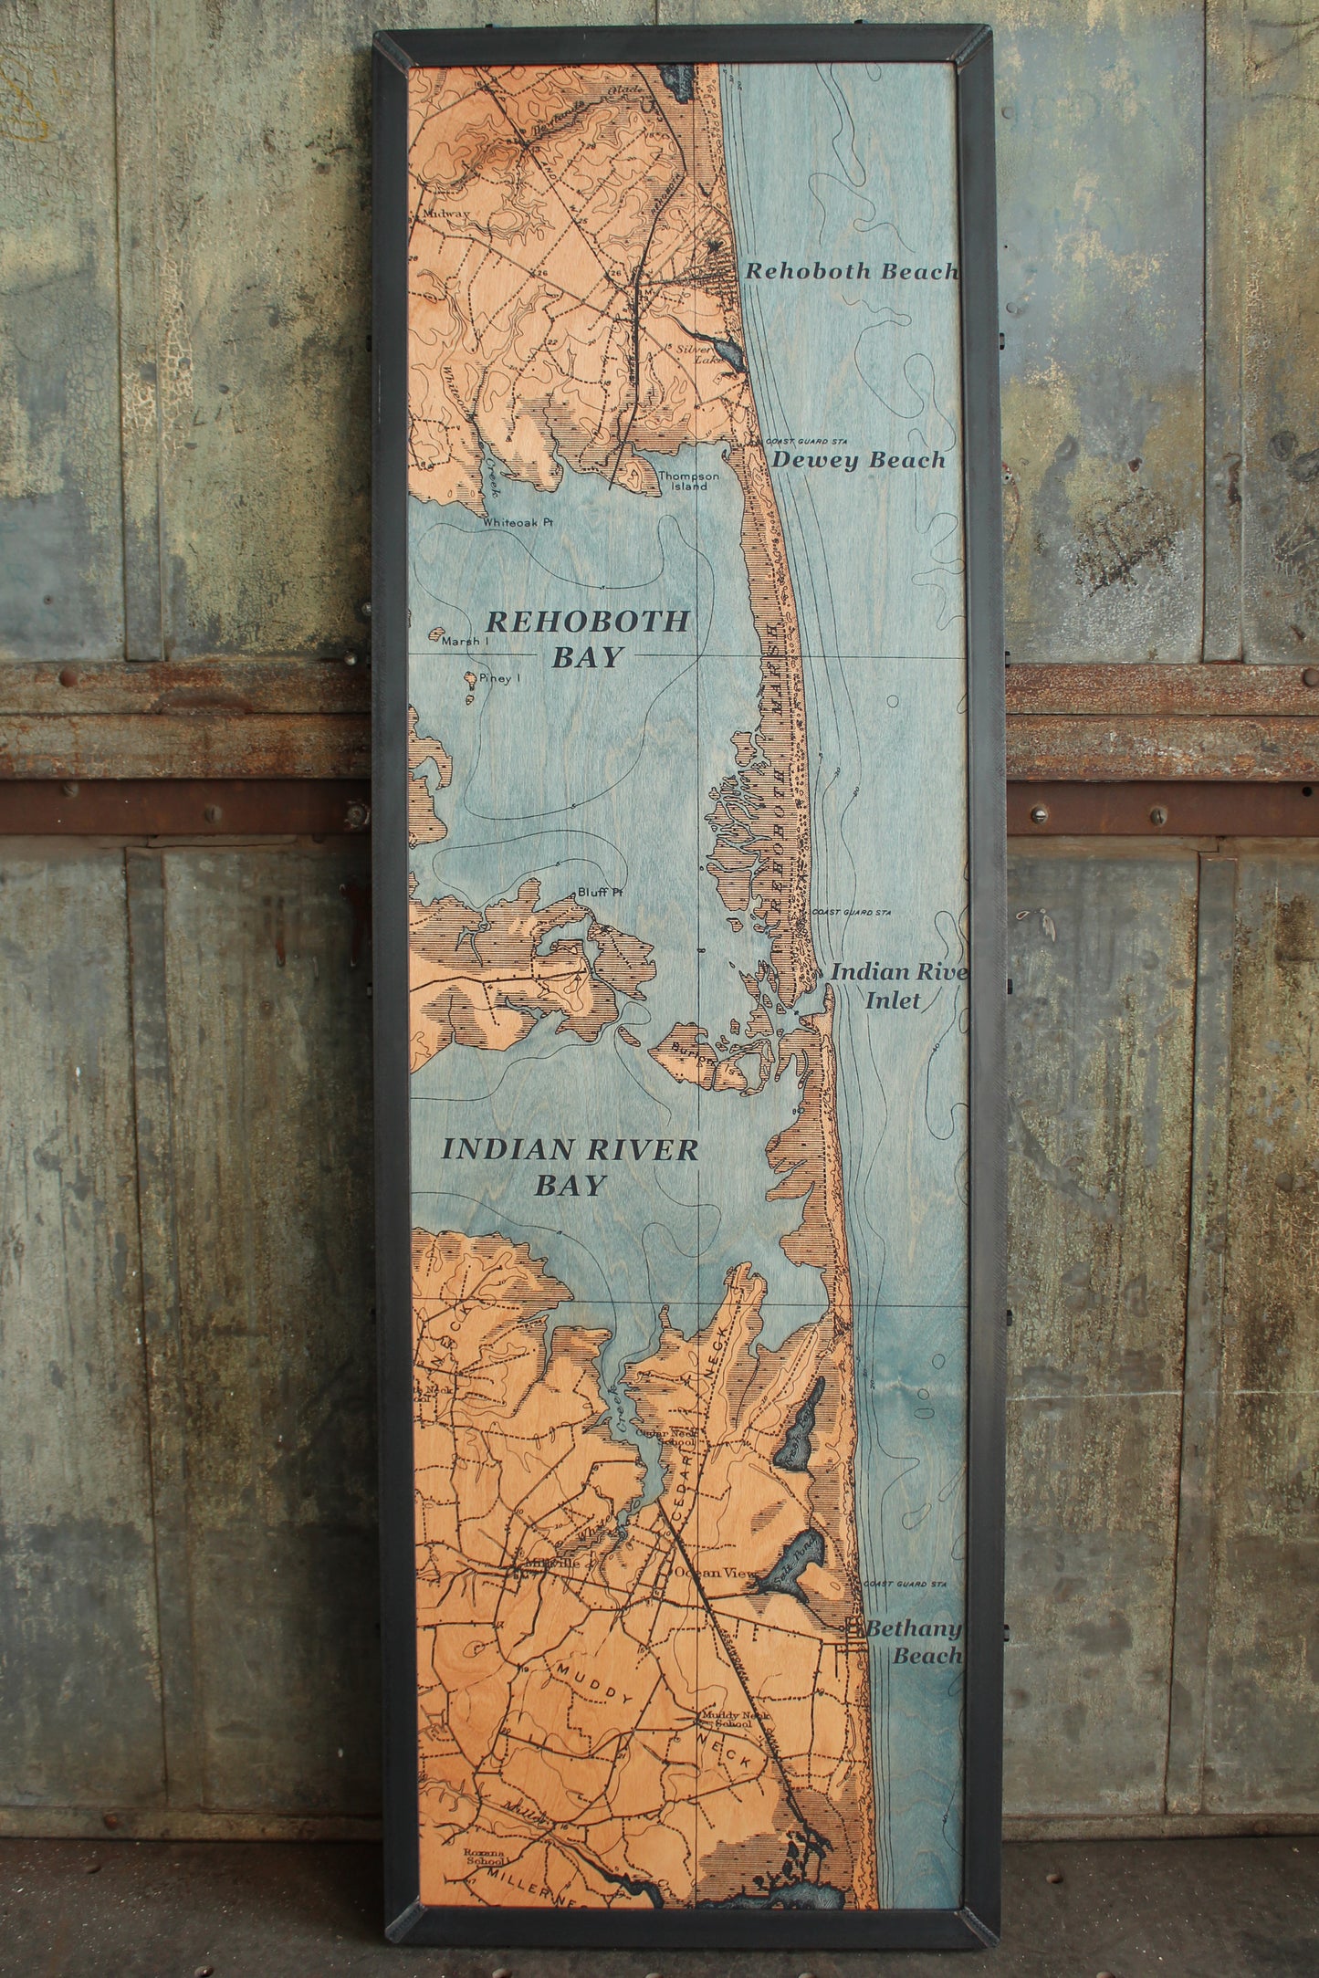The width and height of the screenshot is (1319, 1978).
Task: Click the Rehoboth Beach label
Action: (852, 271)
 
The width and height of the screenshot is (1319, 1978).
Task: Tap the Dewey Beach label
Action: (857, 460)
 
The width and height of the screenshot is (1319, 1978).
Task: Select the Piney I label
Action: (492, 678)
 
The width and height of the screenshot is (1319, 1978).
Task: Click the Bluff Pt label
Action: (599, 893)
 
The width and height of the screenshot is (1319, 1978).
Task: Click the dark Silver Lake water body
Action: (728, 349)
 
